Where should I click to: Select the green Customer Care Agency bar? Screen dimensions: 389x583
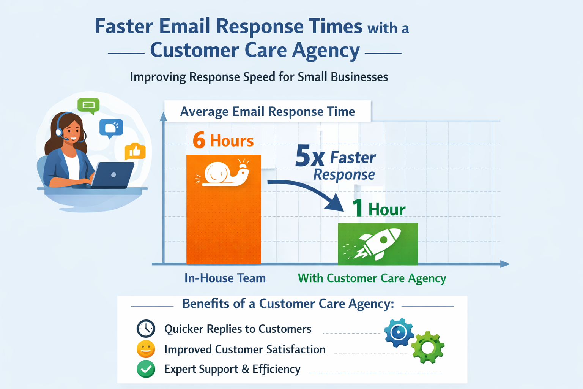pos(378,244)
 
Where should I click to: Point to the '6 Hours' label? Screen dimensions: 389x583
pos(223,141)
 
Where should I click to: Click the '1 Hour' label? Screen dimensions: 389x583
pos(379,209)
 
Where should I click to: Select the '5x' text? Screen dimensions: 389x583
pos(310,156)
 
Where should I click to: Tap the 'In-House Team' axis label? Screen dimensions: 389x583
pos(225,278)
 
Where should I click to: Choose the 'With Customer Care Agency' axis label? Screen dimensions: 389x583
pos(372,278)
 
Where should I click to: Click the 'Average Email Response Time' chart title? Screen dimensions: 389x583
pos(267,112)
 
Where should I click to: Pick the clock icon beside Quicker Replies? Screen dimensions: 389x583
pos(146,329)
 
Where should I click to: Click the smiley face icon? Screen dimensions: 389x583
pos(146,349)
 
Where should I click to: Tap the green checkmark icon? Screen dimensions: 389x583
pos(146,369)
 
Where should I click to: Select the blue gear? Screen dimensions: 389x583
pos(399,333)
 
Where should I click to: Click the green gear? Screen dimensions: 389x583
pos(428,347)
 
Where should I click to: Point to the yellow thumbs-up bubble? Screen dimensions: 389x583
pos(135,152)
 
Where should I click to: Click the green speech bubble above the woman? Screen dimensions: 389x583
pos(88,105)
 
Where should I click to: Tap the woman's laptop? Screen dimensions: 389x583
pos(113,175)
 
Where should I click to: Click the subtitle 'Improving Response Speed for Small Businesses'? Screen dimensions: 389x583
pos(259,77)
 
